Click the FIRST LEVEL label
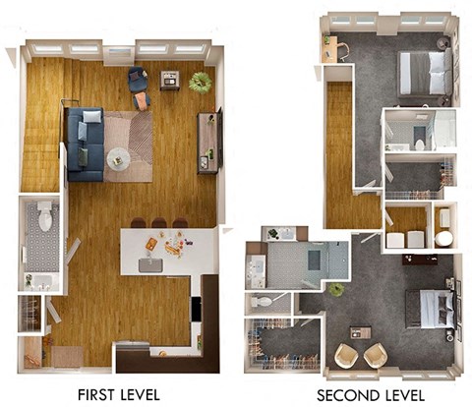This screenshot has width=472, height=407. coord(119,394)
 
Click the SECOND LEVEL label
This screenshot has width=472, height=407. coord(371,395)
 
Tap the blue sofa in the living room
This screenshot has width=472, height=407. coord(86,145)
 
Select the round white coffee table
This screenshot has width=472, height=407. coord(118,159)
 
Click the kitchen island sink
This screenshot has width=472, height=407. coord(150,265)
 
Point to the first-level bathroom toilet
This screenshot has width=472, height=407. coord(44,215)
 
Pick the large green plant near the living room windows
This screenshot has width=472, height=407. coord(201,83)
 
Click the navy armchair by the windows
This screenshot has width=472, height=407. coord(138,79)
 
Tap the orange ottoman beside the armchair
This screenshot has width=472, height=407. coord(142,101)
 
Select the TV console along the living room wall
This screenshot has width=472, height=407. coord(207,143)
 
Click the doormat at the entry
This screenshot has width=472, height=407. coord(68,357)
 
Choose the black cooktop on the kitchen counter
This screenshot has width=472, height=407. coord(197,309)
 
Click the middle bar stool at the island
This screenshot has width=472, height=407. coord(159,223)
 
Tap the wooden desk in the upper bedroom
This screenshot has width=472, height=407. coord(329,49)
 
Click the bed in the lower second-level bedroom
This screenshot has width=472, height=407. coord(431,309)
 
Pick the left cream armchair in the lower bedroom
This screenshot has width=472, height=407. coord(347,356)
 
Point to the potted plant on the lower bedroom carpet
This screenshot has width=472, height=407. coord(336,290)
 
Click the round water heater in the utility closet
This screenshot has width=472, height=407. coord(444,239)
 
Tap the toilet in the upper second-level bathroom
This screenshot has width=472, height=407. coord(419,145)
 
